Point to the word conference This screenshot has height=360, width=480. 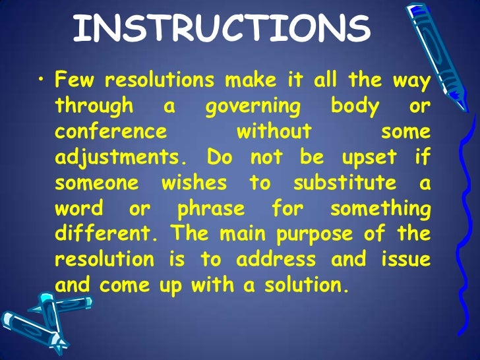(x=111, y=131)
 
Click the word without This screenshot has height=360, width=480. (x=274, y=131)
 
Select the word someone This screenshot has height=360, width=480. (x=98, y=183)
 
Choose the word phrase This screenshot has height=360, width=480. (x=211, y=208)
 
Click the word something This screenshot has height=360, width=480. (x=380, y=208)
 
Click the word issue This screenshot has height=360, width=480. (x=405, y=259)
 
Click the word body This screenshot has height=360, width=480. (x=355, y=106)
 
